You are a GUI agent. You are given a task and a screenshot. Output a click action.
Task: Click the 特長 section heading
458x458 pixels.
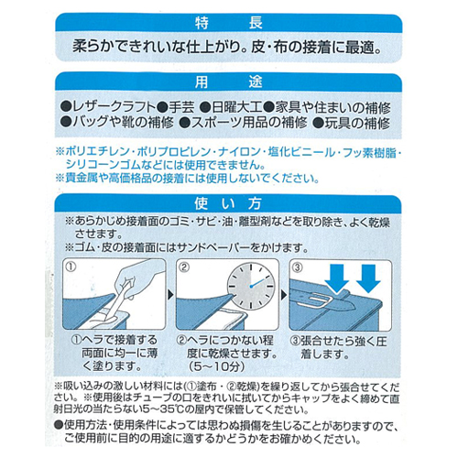click(x=229, y=23)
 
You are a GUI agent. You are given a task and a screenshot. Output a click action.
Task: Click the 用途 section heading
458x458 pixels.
click(x=229, y=82)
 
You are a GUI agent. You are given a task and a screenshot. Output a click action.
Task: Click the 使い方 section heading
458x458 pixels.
click(x=228, y=203)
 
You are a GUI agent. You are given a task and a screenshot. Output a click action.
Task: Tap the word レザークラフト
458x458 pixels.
click(x=114, y=107)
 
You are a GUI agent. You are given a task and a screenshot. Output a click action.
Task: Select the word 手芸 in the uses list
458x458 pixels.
click(x=181, y=107)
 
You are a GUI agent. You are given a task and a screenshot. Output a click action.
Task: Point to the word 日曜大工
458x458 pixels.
click(x=237, y=107)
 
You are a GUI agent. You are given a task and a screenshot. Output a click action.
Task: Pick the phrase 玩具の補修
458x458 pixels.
click(x=357, y=123)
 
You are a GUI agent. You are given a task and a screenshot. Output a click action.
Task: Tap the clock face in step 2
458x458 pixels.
click(x=251, y=287)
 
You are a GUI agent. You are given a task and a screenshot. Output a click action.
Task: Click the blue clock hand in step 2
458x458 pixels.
click(x=257, y=283)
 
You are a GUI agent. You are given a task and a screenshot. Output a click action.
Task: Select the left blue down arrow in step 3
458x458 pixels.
click(x=337, y=278)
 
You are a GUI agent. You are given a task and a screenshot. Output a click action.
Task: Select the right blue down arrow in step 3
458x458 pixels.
click(x=368, y=278)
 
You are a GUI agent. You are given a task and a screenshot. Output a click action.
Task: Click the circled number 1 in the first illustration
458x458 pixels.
click(x=71, y=267)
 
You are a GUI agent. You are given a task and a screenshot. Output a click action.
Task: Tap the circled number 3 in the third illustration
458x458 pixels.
click(x=298, y=267)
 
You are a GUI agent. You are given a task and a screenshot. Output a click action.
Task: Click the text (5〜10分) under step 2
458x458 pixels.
click(x=216, y=366)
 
